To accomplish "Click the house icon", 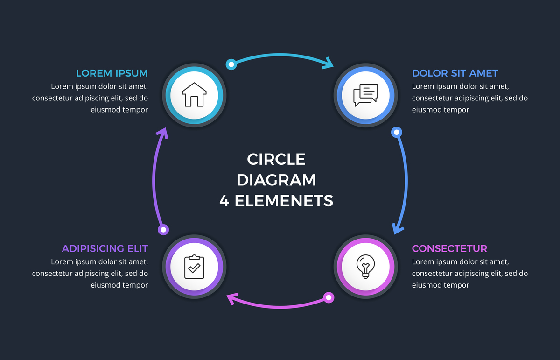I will tap(194, 95).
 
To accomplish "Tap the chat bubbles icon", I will tap(365, 95).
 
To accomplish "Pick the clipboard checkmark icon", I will tap(194, 267).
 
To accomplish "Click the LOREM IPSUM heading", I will tap(112, 73).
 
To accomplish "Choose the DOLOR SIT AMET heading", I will tap(455, 73).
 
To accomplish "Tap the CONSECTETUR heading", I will tap(449, 248).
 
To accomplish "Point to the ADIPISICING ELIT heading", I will tap(105, 248).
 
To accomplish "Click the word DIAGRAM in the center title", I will tap(276, 180).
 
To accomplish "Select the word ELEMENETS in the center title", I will tap(284, 201).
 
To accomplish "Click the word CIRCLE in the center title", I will tap(276, 159).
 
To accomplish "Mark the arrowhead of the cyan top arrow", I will tap(329, 64).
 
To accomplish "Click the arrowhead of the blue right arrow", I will tap(398, 229).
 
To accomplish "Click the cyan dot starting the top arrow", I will tap(231, 64).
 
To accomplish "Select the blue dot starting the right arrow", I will tap(396, 133).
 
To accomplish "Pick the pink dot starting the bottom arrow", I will tap(329, 297).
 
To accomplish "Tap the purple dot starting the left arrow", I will tap(163, 229).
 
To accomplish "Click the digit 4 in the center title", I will tap(224, 201).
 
